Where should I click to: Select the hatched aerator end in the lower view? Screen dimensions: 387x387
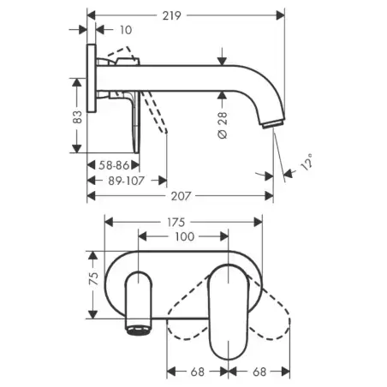(x=140, y=328)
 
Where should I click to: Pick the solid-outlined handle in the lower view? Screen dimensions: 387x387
(x=229, y=308)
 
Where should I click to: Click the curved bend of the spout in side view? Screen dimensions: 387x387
(x=270, y=86)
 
